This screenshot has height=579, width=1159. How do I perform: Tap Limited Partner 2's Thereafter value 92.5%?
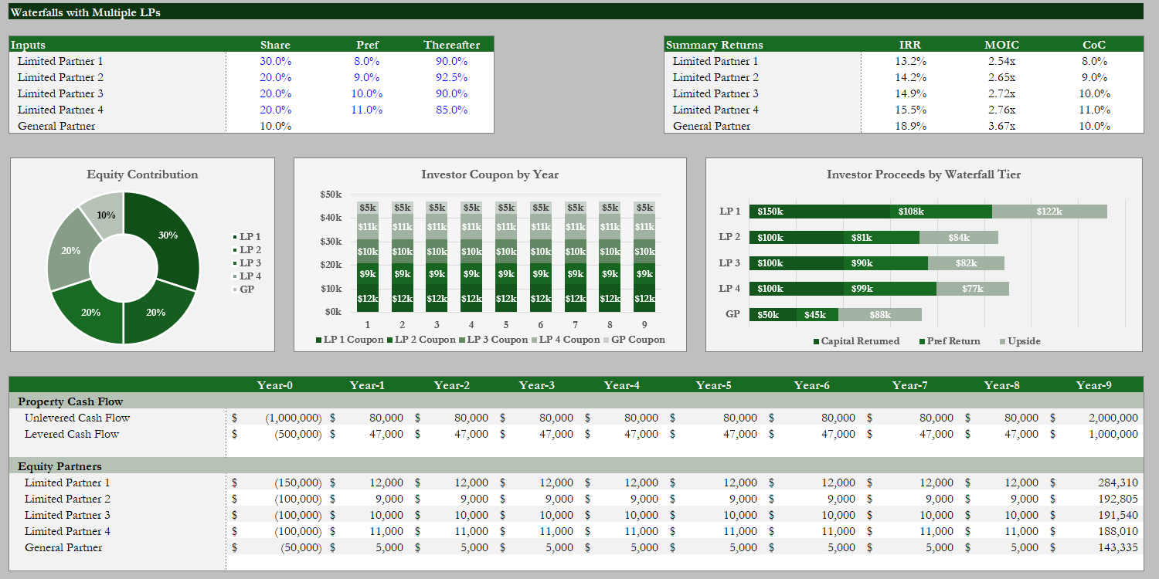pyautogui.click(x=451, y=77)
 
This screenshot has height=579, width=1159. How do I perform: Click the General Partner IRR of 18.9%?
pyautogui.click(x=910, y=126)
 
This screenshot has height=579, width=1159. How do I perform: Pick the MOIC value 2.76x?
pyautogui.click(x=1001, y=110)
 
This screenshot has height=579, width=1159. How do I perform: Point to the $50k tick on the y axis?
pyautogui.click(x=331, y=195)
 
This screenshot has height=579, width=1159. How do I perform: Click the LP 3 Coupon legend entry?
pyautogui.click(x=493, y=340)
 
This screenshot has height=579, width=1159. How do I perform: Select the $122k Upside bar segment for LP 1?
pyautogui.click(x=1049, y=212)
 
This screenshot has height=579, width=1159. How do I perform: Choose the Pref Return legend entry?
pyautogui.click(x=950, y=341)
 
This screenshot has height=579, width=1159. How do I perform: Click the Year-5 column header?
pyautogui.click(x=713, y=385)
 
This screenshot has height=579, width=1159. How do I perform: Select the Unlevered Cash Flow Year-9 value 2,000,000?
pyautogui.click(x=1113, y=418)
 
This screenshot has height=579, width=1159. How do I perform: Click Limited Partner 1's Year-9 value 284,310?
pyautogui.click(x=1117, y=482)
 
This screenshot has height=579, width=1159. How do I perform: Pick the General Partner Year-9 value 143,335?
pyautogui.click(x=1117, y=547)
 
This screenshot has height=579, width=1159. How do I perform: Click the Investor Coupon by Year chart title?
pyautogui.click(x=489, y=174)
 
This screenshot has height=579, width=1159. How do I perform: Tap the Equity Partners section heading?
pyautogui.click(x=59, y=466)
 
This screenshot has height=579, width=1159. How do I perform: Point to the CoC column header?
pyautogui.click(x=1094, y=45)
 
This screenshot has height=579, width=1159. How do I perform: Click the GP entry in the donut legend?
pyautogui.click(x=243, y=289)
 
